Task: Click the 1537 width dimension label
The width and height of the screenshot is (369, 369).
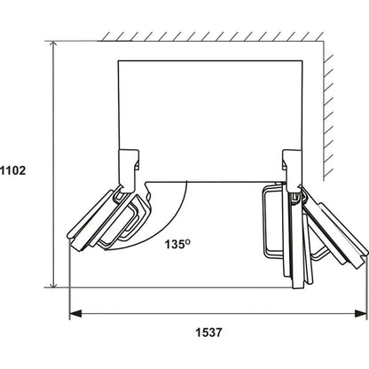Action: (208, 333)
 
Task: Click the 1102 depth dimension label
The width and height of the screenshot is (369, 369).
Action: (13, 170)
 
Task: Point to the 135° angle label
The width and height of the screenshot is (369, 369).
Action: (177, 244)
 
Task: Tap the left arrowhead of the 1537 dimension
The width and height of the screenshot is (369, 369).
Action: (75, 313)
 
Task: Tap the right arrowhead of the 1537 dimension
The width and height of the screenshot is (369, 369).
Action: (360, 313)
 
